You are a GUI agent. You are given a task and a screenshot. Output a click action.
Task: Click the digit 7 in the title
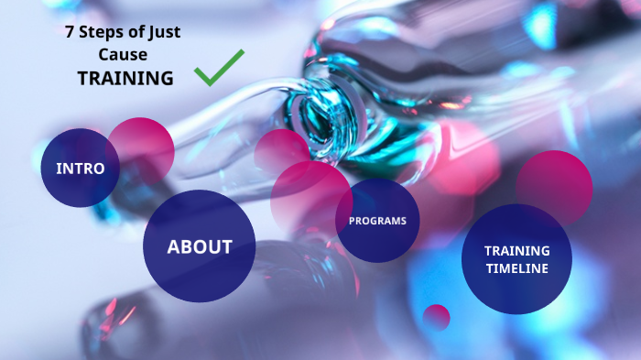click(69, 32)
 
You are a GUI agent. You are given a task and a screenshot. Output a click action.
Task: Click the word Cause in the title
click(125, 55)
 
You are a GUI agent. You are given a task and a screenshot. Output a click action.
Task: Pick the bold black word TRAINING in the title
click(125, 79)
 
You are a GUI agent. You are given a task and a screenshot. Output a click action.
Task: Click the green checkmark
click(219, 68)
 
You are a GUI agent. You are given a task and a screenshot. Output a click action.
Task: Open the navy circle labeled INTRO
click(80, 168)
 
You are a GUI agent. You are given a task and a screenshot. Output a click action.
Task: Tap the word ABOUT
click(199, 246)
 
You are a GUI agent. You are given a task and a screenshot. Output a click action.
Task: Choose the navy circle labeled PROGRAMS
click(377, 221)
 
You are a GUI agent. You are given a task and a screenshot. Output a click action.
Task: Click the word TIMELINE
click(517, 268)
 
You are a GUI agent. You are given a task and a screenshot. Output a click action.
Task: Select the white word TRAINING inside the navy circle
click(517, 250)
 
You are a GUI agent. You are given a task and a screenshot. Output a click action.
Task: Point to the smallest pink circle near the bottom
click(437, 317)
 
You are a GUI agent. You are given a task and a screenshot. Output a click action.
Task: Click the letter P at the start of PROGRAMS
click(352, 221)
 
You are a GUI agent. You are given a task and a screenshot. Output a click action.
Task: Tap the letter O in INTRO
click(113, 169)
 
